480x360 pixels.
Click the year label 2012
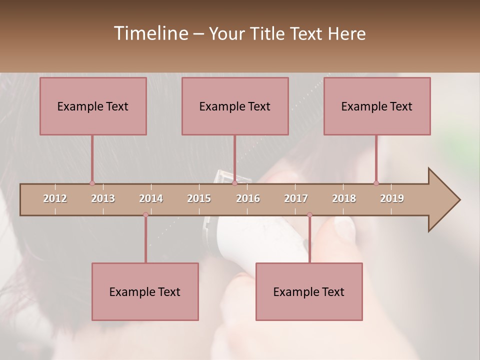point(55,198)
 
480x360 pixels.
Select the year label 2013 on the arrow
point(103,198)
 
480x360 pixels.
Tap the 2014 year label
point(151,198)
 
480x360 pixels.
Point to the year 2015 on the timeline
point(199,198)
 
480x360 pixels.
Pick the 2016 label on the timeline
point(248,198)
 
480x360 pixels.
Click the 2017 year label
point(296,198)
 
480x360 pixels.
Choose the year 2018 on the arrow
point(344,198)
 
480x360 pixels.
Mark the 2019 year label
point(392,198)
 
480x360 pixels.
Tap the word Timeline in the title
point(150,33)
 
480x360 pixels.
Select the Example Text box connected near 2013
point(93,106)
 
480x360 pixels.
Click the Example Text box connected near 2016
point(235,106)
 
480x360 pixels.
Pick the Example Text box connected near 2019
point(377,106)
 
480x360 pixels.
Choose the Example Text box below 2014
point(145,292)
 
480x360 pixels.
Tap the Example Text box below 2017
point(309,292)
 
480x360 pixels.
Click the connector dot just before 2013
point(92,183)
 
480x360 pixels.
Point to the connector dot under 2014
point(145,215)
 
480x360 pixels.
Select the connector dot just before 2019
point(376,183)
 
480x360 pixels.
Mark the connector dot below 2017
point(309,215)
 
